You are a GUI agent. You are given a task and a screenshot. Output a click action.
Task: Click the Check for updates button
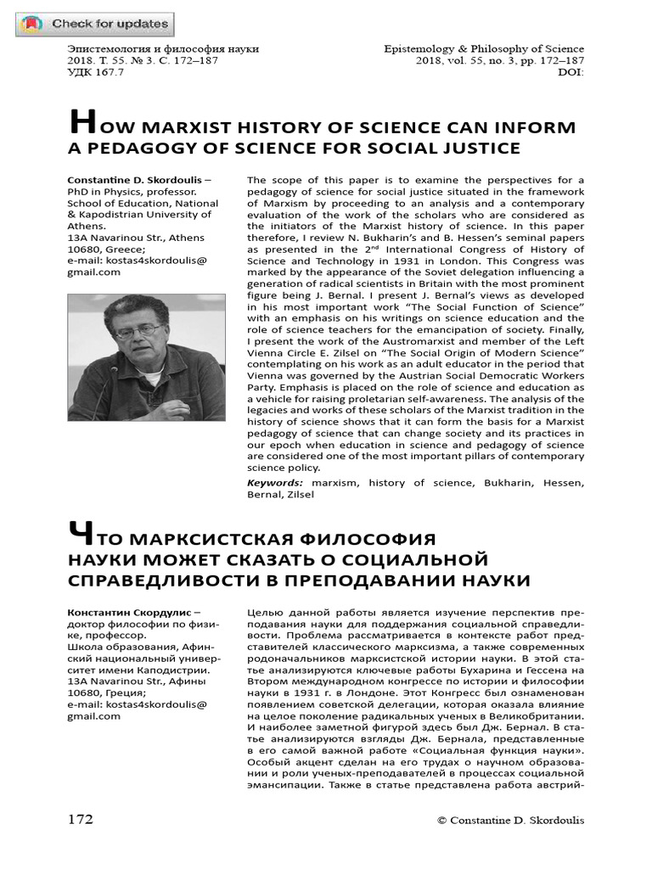[93, 25]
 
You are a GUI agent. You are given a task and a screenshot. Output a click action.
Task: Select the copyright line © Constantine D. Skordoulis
[510, 821]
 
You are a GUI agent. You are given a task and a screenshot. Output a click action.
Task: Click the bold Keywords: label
[274, 483]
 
